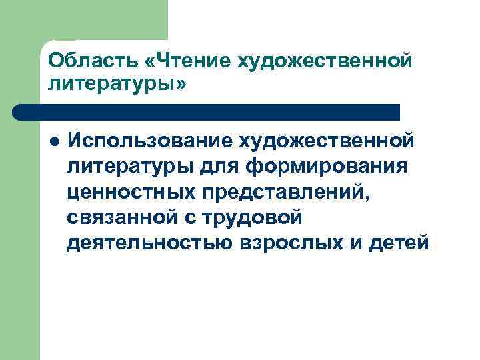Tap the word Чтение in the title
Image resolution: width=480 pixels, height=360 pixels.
pos(189,61)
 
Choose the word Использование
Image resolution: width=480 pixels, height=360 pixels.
pos(148,141)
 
